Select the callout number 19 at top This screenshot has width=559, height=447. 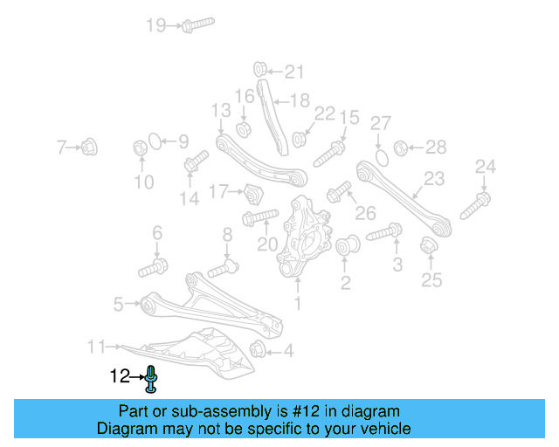point(155,25)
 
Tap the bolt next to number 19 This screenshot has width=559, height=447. point(196,24)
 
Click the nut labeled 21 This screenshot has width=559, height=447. point(259,69)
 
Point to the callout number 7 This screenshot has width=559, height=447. point(61,148)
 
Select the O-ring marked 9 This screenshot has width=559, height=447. point(153,141)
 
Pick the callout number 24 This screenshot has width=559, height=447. point(486,166)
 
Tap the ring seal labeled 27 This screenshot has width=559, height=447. point(381,158)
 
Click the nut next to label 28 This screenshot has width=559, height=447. point(402,147)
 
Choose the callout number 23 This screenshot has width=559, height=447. point(434,179)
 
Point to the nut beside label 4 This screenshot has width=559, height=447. point(258,351)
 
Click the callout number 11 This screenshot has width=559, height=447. point(96,347)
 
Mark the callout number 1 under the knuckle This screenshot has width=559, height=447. point(298,305)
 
